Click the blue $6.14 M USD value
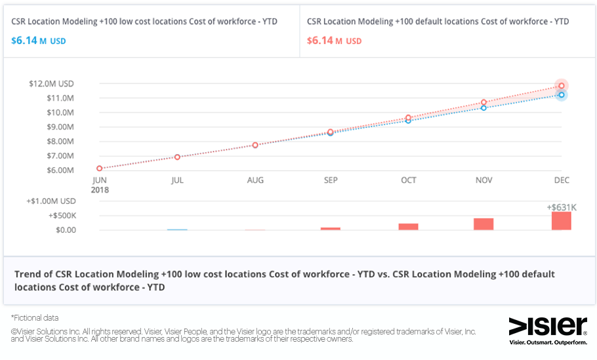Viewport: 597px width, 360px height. point(38,41)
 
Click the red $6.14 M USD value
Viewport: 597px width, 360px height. point(334,41)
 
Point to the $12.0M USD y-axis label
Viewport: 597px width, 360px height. point(51,84)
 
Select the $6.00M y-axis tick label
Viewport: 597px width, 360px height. point(60,170)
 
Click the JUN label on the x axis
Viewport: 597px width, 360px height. point(100,180)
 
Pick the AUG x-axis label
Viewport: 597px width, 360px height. point(255,180)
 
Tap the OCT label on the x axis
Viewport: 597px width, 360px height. point(408,180)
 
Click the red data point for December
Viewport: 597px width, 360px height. point(562,86)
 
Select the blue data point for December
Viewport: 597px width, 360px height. point(562,95)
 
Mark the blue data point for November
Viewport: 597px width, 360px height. point(484,108)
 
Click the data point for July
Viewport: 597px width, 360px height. point(177,157)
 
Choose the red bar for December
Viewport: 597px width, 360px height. point(562,221)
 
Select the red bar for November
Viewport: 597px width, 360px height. point(484,224)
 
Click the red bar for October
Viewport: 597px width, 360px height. point(408,227)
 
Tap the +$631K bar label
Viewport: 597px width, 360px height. point(562,207)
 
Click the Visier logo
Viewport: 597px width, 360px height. point(548,325)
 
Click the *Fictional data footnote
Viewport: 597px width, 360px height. point(35,317)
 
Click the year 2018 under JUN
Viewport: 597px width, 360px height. point(100,190)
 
